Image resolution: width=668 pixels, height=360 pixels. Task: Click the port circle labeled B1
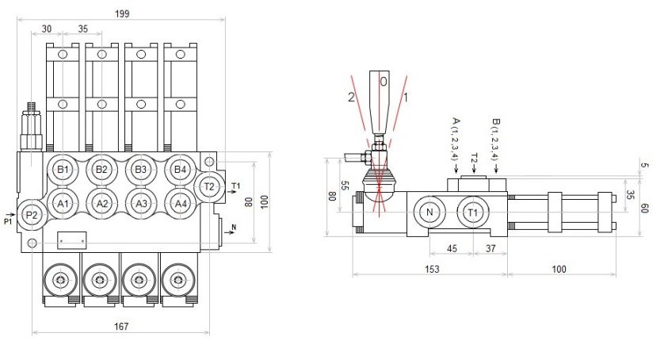pos(63,170)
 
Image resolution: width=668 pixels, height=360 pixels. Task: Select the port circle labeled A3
pos(140,204)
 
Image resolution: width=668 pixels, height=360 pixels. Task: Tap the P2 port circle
pos(32,216)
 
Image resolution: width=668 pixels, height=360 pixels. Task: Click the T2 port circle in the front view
pos(209,186)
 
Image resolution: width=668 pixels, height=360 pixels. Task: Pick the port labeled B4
pos(180,170)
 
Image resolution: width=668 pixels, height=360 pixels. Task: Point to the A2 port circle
pos(101,204)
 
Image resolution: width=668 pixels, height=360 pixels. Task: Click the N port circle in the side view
pos(429,212)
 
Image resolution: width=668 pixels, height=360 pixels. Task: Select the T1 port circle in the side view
pos(473,212)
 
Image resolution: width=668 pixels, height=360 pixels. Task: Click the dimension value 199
pos(122,13)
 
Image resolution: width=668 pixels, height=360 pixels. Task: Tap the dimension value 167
pos(121,327)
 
